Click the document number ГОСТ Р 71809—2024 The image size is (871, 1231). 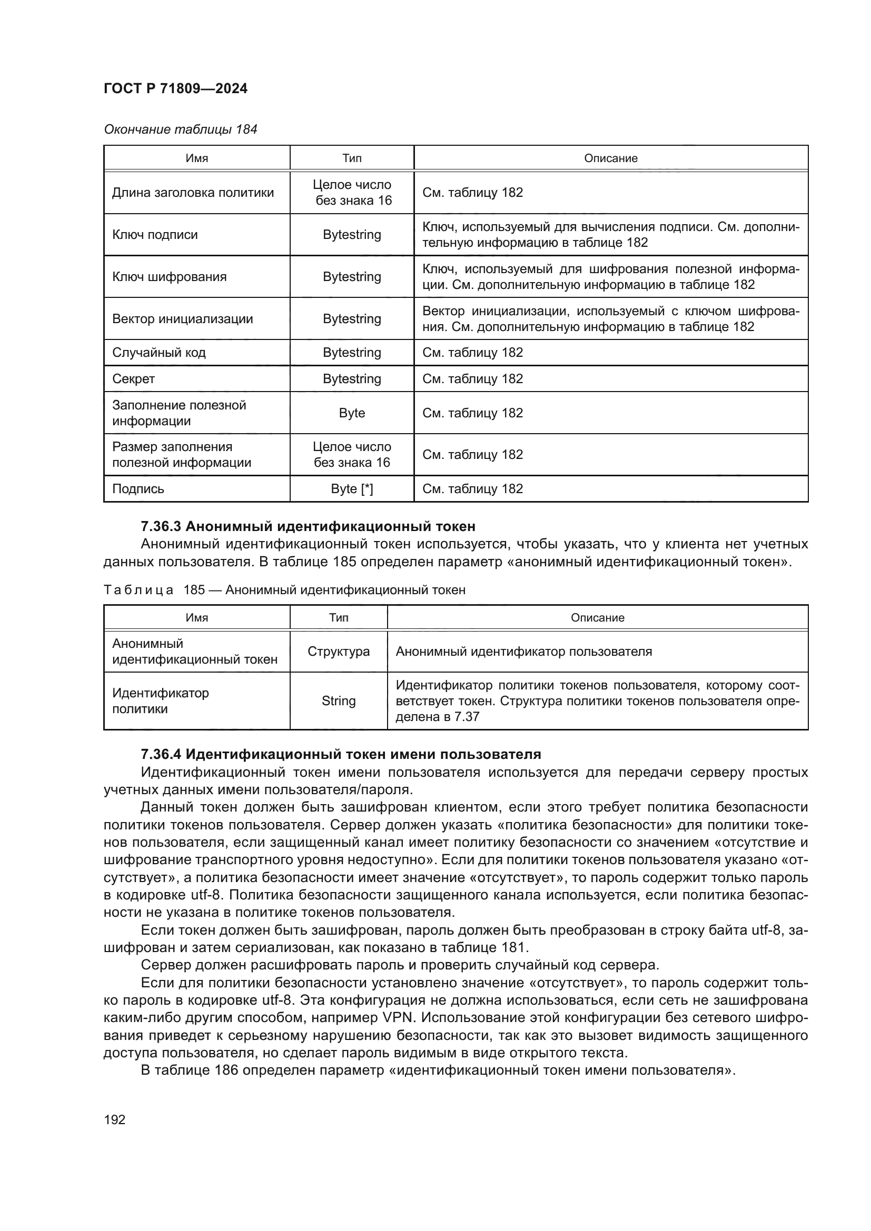click(x=175, y=88)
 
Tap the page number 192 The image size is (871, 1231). click(x=114, y=1119)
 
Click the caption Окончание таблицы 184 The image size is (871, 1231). click(x=180, y=129)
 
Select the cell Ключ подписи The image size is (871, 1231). click(x=155, y=235)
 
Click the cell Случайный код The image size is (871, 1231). click(x=159, y=353)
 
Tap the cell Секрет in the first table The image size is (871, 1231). click(x=134, y=379)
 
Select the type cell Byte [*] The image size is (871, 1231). click(x=352, y=489)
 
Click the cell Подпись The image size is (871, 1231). click(x=138, y=489)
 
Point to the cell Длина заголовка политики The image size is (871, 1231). click(x=193, y=193)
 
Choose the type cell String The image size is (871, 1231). click(x=339, y=701)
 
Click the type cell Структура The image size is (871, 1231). click(x=339, y=652)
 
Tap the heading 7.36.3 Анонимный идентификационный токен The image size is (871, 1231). click(x=308, y=526)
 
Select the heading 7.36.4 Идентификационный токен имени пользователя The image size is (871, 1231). click(x=341, y=754)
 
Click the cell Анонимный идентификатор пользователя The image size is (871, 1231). click(x=523, y=652)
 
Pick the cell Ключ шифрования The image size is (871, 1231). click(x=170, y=277)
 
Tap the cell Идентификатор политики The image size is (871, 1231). click(x=161, y=701)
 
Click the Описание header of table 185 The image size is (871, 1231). click(x=598, y=618)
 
